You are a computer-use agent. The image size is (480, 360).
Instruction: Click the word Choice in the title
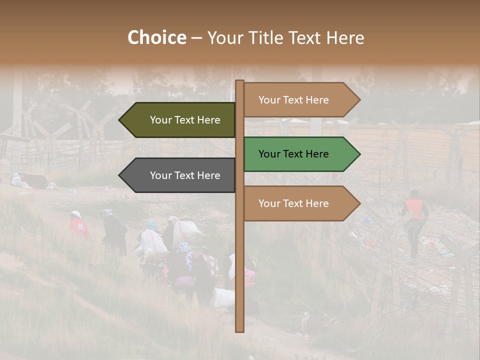pyautogui.click(x=157, y=38)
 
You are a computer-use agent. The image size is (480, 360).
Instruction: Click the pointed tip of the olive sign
pyautogui.click(x=120, y=120)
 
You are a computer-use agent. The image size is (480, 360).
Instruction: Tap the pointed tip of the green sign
pyautogui.click(x=359, y=154)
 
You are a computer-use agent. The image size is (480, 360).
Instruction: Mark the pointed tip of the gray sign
pyautogui.click(x=120, y=175)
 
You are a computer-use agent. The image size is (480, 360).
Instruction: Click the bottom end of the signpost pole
pyautogui.click(x=240, y=330)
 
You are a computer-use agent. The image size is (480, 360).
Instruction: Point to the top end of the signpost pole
pyautogui.click(x=240, y=81)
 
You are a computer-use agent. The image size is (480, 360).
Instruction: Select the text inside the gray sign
pyautogui.click(x=185, y=175)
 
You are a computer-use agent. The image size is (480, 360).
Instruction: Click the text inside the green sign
pyautogui.click(x=293, y=154)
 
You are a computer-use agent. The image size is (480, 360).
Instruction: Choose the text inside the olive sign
pyautogui.click(x=185, y=120)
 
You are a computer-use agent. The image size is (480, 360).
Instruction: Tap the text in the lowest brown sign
pyautogui.click(x=293, y=203)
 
